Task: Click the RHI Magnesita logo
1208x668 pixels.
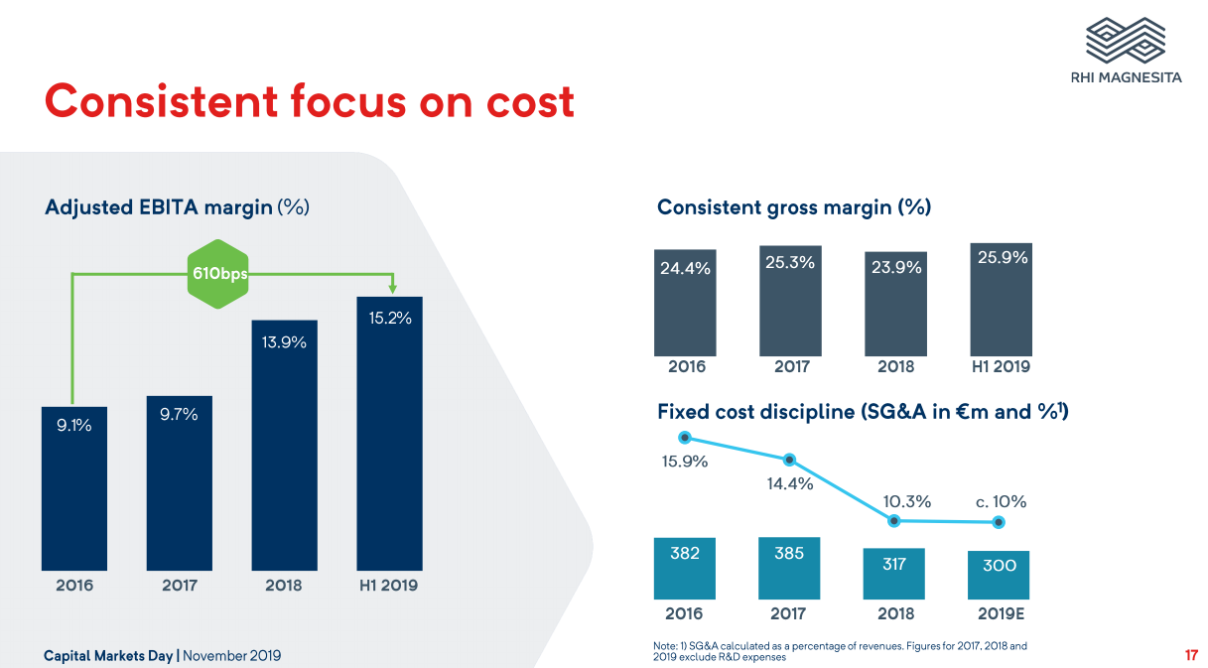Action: [x=1126, y=50]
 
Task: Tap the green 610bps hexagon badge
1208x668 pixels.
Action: [x=219, y=273]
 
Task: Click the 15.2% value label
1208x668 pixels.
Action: [x=390, y=319]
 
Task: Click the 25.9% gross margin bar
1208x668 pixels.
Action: [x=1002, y=300]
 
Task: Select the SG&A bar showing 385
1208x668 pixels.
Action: [x=789, y=568]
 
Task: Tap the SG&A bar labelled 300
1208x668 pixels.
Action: [x=999, y=575]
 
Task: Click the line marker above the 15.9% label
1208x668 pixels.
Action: [x=684, y=438]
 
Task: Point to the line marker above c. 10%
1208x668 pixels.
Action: [x=1000, y=522]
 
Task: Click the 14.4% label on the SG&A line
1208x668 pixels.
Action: [x=789, y=484]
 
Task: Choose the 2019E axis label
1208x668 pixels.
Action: [x=1000, y=614]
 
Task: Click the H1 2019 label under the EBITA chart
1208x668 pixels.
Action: [x=389, y=586]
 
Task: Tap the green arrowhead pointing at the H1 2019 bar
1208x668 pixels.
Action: [x=392, y=288]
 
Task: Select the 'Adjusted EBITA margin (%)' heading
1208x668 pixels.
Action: [x=178, y=207]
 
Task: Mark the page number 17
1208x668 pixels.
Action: [x=1191, y=655]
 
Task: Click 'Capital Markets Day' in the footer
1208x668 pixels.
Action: [x=108, y=656]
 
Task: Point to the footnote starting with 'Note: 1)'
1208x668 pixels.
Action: [x=840, y=651]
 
